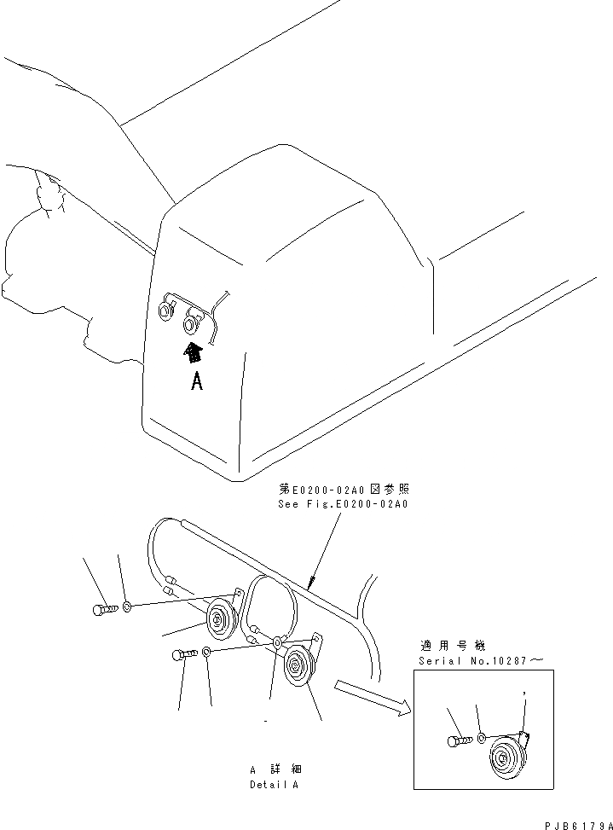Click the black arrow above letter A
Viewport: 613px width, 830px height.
pos(195,351)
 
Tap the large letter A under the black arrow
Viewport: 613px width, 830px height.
pos(197,382)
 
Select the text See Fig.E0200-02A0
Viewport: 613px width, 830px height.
pos(343,504)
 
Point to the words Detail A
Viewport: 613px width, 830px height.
pos(274,784)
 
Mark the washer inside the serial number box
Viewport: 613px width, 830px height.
pos(481,737)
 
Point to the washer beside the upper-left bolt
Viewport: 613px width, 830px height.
pos(126,607)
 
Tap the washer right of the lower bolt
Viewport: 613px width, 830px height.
pos(207,653)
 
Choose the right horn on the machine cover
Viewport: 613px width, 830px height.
pos(194,323)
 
